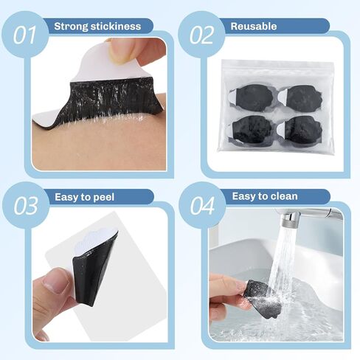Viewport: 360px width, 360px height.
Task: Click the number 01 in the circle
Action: click(x=24, y=35)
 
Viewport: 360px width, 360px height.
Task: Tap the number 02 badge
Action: click(x=201, y=35)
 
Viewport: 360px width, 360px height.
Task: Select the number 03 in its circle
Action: click(x=26, y=206)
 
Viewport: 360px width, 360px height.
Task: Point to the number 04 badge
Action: click(x=202, y=206)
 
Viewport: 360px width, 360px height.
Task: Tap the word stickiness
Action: click(x=115, y=27)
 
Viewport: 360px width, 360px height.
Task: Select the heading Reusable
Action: click(x=254, y=27)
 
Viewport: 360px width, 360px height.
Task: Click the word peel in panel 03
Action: click(x=104, y=198)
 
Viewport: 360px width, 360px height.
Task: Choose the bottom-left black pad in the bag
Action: click(x=252, y=129)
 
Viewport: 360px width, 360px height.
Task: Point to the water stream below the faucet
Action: click(x=284, y=266)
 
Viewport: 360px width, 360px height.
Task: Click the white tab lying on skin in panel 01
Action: click(x=46, y=119)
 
